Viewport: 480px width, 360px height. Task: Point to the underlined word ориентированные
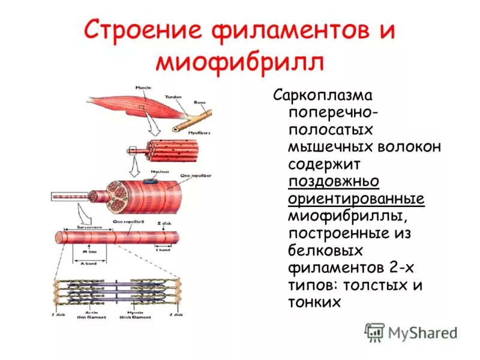pyautogui.click(x=356, y=199)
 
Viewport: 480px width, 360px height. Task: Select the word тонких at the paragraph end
pyautogui.click(x=314, y=302)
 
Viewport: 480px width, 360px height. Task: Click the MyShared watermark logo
pyautogui.click(x=411, y=332)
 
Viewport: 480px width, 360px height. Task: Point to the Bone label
pyautogui.click(x=199, y=103)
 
